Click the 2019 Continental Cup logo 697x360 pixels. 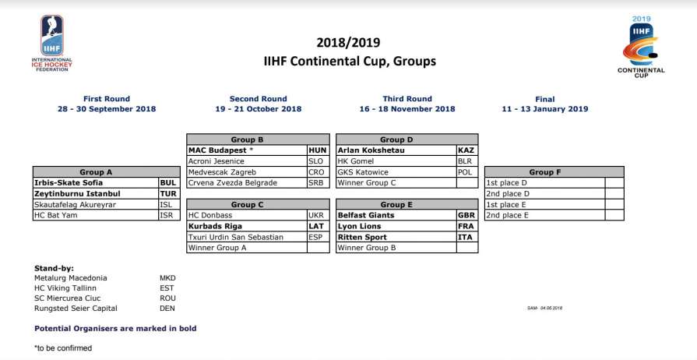click(641, 46)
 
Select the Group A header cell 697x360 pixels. click(96, 172)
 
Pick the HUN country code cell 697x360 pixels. click(318, 150)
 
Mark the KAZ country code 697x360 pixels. click(466, 150)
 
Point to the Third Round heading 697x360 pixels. click(407, 99)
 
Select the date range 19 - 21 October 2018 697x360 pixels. click(258, 109)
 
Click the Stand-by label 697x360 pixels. click(55, 267)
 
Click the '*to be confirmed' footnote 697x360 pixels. click(63, 348)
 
